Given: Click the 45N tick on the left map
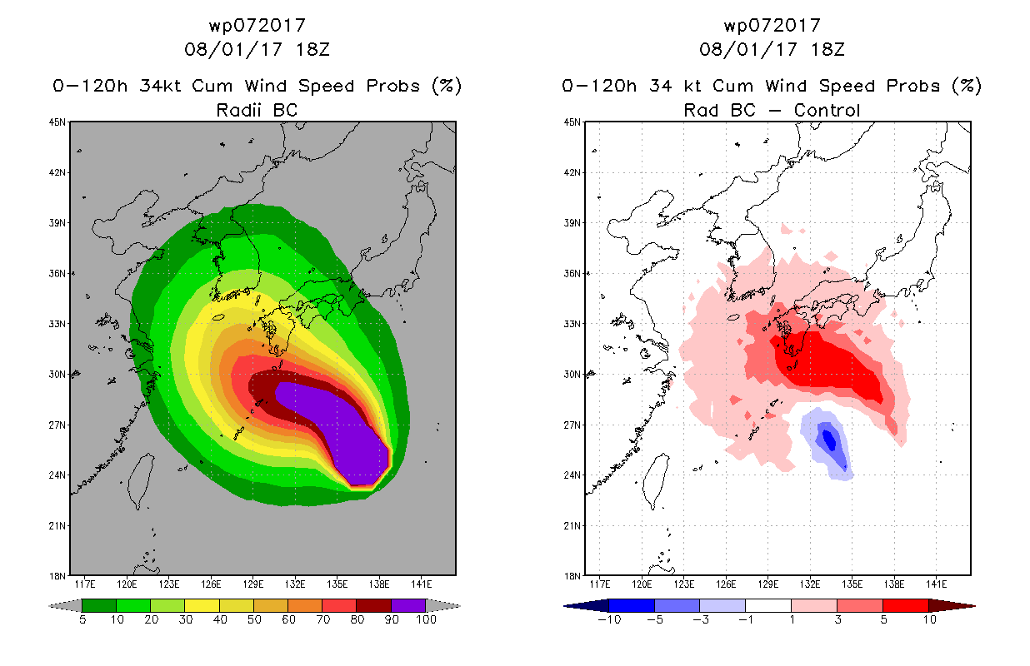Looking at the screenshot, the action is [x=57, y=122].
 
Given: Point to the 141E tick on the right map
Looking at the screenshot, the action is [x=936, y=584].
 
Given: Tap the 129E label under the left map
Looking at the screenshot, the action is [x=252, y=584].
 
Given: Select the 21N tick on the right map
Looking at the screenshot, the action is [x=572, y=525].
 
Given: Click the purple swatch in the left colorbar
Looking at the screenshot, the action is [x=408, y=605].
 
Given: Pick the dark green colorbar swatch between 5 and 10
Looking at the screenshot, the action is [x=99, y=605].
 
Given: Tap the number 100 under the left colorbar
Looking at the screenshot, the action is [x=427, y=619].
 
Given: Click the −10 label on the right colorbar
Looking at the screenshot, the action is [x=609, y=619].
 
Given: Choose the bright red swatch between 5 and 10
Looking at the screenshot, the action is [x=906, y=605].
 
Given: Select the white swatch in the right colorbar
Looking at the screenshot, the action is [x=768, y=605].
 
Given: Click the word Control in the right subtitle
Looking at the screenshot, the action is [x=827, y=110].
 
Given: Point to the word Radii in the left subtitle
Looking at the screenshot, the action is [x=238, y=110].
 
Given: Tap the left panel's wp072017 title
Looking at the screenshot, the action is [x=257, y=25].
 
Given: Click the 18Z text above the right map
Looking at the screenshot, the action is [x=827, y=49].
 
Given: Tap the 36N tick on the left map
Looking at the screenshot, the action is [x=57, y=274].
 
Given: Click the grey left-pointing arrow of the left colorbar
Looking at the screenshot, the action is [x=65, y=606].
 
